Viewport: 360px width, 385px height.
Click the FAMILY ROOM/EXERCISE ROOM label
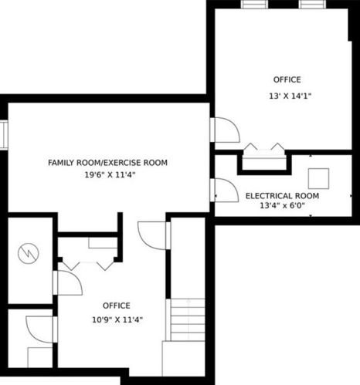(x=107, y=163)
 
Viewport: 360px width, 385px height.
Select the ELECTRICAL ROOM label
(x=282, y=196)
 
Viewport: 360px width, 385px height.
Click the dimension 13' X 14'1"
(x=289, y=96)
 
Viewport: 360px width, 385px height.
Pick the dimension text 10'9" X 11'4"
(x=116, y=319)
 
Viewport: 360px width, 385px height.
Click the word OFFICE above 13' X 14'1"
(x=287, y=79)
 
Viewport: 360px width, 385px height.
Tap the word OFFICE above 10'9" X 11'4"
(x=116, y=306)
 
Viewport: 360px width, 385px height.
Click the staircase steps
(x=185, y=320)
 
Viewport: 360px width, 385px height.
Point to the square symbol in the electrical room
(x=318, y=178)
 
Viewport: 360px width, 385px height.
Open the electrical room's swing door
(x=225, y=190)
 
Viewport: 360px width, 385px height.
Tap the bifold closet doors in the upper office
(x=263, y=147)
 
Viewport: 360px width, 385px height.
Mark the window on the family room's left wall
(x=4, y=135)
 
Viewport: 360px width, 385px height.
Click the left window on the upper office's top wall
(x=253, y=4)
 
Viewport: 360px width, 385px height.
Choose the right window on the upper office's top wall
(x=311, y=4)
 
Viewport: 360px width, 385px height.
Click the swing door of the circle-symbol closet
(x=68, y=283)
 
